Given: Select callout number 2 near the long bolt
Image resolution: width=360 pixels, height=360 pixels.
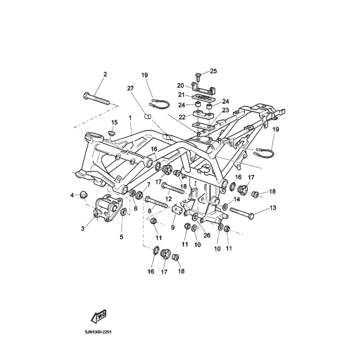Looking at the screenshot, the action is click(105, 74).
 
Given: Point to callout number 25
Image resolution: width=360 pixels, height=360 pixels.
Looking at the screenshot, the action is click(213, 71).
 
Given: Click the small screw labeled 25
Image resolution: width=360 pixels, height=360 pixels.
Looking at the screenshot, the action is click(198, 77).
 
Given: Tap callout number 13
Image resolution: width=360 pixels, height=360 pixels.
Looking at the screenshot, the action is click(273, 208).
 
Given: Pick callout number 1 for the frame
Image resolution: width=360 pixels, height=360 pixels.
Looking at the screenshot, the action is click(130, 117).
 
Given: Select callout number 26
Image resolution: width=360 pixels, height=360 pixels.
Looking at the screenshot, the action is click(207, 235).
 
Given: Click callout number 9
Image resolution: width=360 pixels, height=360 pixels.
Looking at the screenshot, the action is click(173, 227).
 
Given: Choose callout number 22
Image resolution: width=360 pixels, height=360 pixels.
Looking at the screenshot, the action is click(182, 117).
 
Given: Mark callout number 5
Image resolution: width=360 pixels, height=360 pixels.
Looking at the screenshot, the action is click(121, 237).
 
